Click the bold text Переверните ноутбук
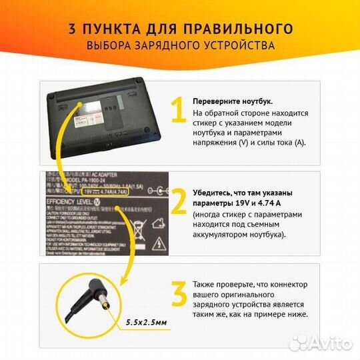pyautogui.click(x=232, y=101)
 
